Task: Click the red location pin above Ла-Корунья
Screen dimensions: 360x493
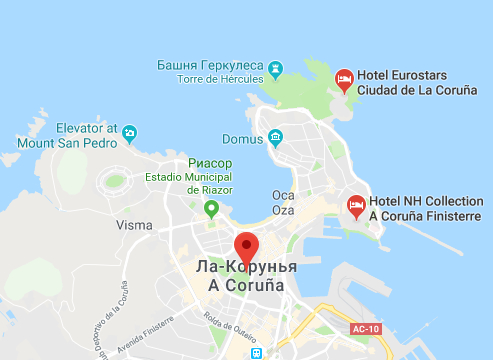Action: click(246, 245)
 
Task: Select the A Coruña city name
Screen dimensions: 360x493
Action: click(245, 286)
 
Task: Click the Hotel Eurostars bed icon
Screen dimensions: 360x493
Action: click(344, 77)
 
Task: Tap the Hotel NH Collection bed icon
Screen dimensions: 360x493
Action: click(355, 205)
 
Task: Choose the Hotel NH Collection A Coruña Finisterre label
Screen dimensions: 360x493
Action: click(426, 208)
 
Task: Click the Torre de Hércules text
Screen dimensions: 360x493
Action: click(220, 79)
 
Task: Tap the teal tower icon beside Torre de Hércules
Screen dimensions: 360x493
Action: click(275, 68)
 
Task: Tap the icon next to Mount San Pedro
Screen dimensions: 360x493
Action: click(131, 132)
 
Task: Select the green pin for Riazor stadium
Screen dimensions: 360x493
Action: click(211, 208)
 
